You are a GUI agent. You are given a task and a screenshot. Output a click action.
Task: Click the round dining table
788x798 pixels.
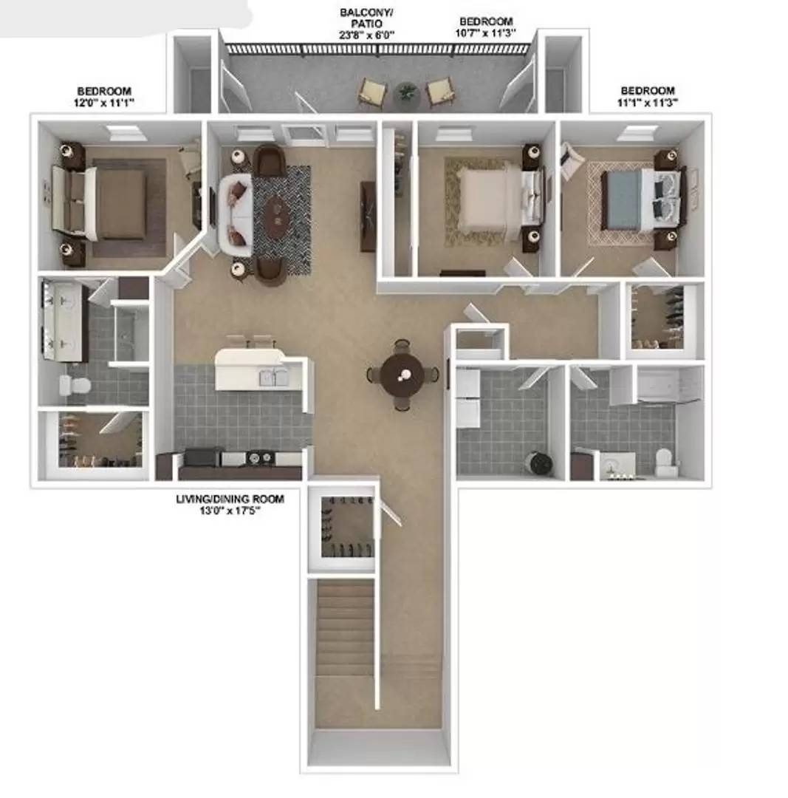402,375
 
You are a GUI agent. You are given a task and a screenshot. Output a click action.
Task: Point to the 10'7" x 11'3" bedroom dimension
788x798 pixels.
486,33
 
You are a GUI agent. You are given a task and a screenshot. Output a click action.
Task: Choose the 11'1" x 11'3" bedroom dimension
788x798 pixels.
647,103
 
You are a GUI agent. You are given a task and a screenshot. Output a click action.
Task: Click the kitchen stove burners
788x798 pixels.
259,458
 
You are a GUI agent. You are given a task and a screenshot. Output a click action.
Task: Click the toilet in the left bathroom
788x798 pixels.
74,384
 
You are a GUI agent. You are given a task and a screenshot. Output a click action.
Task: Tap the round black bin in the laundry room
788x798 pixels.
539,463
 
